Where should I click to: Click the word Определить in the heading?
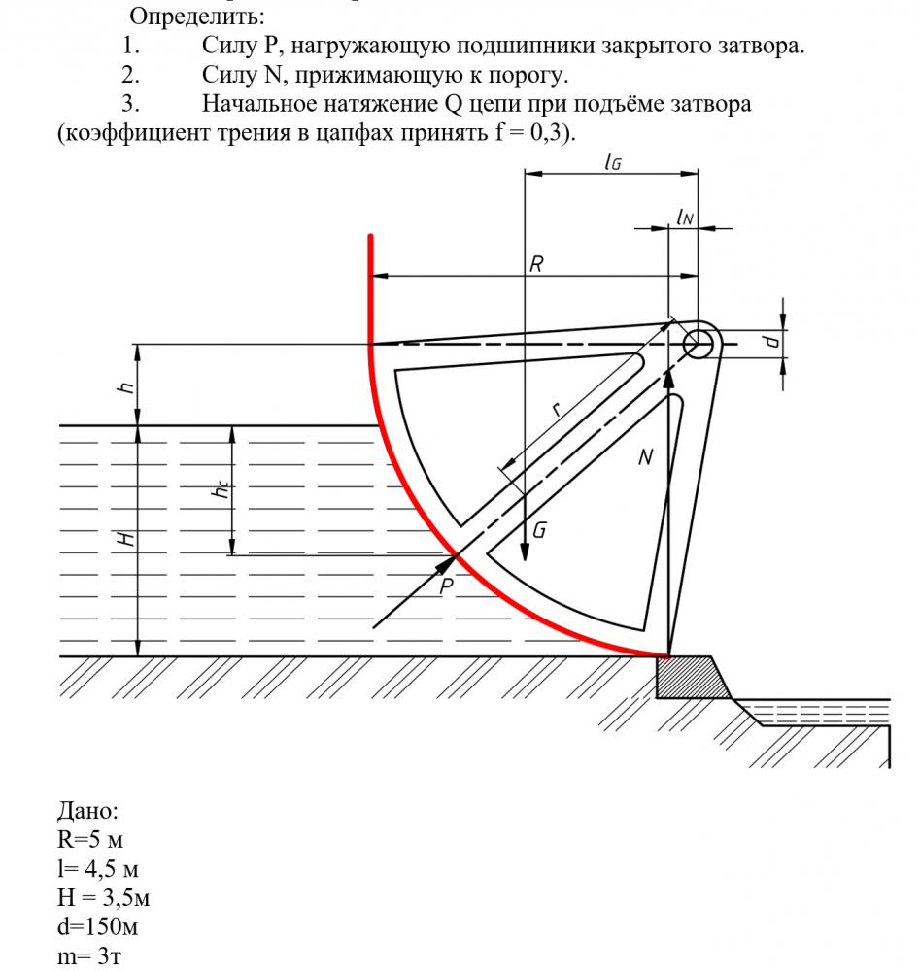[196, 17]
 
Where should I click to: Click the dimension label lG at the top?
[613, 161]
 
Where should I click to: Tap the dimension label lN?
[685, 217]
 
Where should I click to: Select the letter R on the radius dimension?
[536, 264]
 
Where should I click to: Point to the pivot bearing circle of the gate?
[699, 343]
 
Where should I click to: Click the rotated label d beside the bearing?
[770, 340]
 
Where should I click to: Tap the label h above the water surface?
[125, 387]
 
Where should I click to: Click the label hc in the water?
[221, 489]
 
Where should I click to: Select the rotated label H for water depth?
[126, 538]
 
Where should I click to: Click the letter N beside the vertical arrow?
[645, 457]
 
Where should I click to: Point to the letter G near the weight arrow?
[539, 530]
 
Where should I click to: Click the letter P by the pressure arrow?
[446, 586]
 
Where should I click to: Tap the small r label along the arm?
[557, 408]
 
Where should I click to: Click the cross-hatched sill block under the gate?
[693, 678]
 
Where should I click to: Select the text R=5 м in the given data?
[89, 840]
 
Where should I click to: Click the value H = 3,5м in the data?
[103, 898]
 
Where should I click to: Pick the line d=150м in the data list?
[97, 927]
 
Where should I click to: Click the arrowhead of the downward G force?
[525, 552]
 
